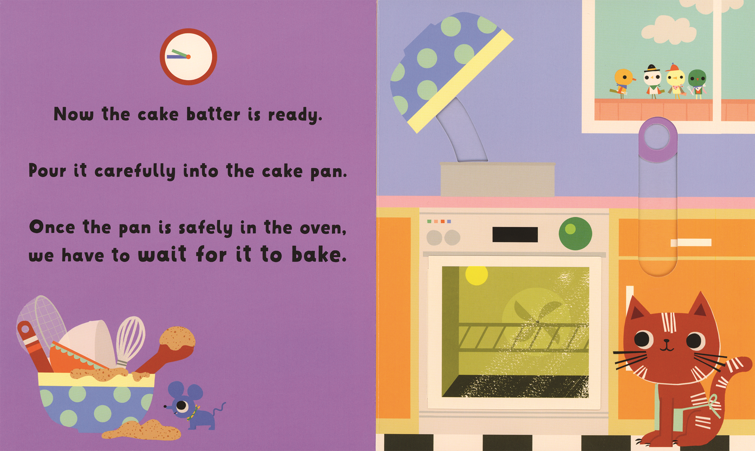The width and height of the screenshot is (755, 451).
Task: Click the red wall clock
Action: pos(188,57)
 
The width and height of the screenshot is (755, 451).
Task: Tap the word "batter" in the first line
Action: pos(213,114)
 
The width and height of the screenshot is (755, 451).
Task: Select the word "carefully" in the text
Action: pos(135,171)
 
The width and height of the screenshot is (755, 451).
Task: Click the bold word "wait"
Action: pos(162,254)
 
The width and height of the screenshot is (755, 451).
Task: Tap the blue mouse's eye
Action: pos(182,406)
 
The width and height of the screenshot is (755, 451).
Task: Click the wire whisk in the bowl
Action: pos(130,340)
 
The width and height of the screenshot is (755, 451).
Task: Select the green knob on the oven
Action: pos(575,233)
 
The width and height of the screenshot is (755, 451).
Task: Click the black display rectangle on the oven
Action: pos(515,235)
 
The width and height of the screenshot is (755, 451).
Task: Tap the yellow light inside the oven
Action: pos(476,275)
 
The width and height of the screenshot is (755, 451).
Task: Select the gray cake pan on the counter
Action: pos(497,179)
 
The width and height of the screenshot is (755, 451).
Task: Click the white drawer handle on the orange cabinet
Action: pos(691,243)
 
